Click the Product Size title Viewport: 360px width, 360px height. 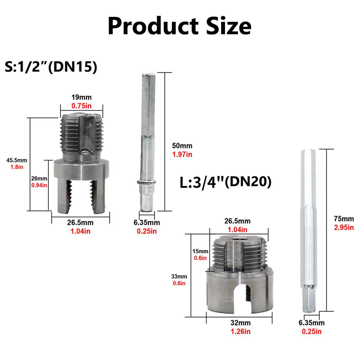(180, 26)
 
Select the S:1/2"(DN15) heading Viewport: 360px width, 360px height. (51, 67)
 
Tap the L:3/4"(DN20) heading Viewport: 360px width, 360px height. (225, 182)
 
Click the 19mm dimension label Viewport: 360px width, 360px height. (82, 97)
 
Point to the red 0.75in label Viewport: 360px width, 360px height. (82, 106)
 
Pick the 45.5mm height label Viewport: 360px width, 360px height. (17, 160)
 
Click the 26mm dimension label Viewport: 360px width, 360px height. (39, 178)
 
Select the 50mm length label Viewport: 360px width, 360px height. (182, 146)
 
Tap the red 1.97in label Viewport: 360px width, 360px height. (182, 154)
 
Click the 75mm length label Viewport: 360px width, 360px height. (344, 219)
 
